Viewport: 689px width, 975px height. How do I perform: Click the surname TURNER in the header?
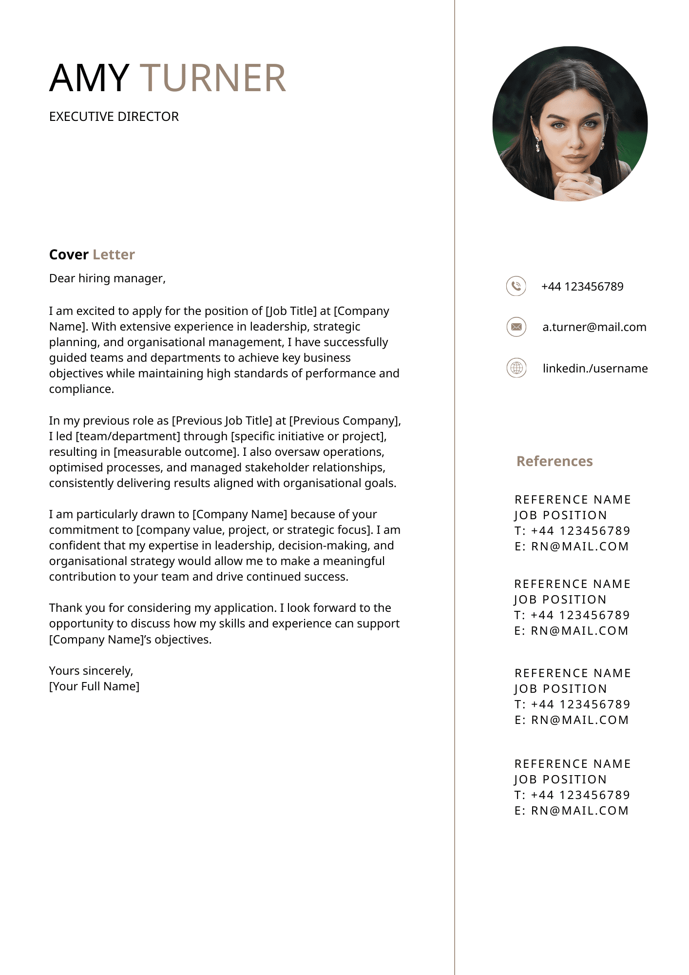[x=213, y=78]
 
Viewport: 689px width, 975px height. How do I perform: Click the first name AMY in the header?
[x=89, y=78]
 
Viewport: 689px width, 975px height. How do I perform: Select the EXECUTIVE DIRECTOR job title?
[x=114, y=117]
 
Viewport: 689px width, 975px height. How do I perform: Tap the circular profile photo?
[x=570, y=124]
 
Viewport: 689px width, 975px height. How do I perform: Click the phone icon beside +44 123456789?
[x=516, y=286]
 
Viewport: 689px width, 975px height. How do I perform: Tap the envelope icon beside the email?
[x=517, y=327]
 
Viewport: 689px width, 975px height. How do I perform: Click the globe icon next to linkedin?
[x=517, y=368]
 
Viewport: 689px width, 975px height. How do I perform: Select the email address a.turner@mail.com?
[x=594, y=327]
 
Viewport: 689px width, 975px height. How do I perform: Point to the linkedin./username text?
[x=595, y=369]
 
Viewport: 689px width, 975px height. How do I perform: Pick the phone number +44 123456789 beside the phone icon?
[x=582, y=287]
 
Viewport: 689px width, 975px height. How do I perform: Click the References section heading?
[x=555, y=461]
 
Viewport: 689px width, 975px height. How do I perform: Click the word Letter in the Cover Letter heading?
[x=114, y=255]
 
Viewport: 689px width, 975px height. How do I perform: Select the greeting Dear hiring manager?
[x=107, y=278]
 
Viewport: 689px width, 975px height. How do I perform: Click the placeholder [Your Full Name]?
[x=94, y=686]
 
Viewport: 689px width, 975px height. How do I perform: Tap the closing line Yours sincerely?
[x=91, y=671]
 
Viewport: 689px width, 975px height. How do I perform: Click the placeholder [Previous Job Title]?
[x=222, y=421]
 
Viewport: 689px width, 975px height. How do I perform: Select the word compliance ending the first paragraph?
[x=81, y=389]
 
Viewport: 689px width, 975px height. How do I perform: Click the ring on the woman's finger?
[x=590, y=181]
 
